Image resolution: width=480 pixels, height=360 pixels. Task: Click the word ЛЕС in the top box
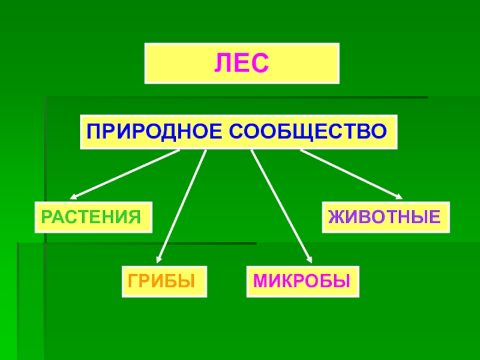[x=242, y=62]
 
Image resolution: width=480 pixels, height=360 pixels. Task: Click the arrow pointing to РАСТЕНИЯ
[x=126, y=173]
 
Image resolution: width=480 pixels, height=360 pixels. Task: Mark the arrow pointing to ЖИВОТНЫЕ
[x=351, y=173]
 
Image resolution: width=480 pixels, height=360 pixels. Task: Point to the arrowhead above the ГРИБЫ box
[x=159, y=257]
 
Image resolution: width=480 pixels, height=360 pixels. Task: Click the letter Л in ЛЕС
[x=223, y=62]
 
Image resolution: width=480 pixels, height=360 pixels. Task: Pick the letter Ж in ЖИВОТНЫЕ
[x=335, y=217]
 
